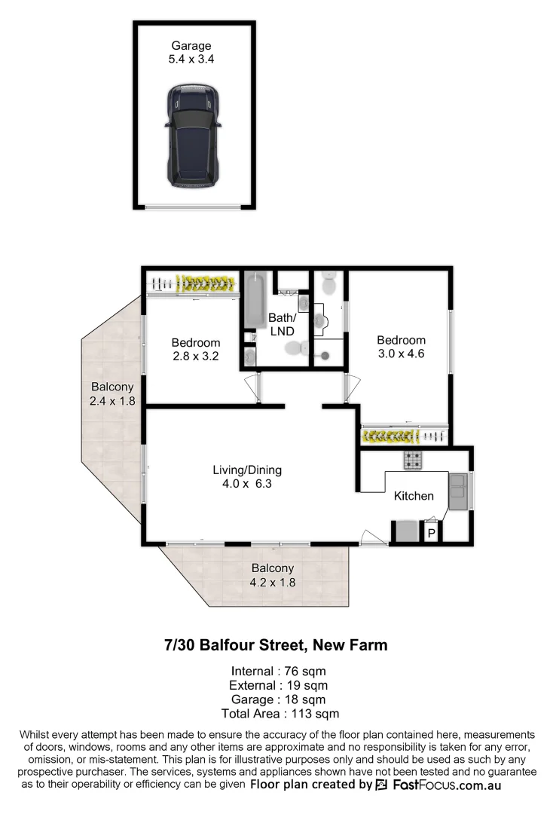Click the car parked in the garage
click(x=194, y=136)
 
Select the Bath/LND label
click(x=282, y=324)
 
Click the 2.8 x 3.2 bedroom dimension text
click(x=194, y=357)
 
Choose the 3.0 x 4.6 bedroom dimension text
click(x=401, y=352)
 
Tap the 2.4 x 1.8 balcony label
click(x=112, y=401)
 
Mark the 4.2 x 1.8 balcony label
click(x=272, y=582)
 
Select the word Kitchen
click(x=414, y=495)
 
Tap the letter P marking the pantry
click(x=432, y=533)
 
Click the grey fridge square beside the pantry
click(x=407, y=531)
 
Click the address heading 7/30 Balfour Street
click(x=276, y=645)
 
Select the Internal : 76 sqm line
click(x=280, y=671)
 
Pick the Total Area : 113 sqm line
click(x=280, y=713)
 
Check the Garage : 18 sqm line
click(x=280, y=699)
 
